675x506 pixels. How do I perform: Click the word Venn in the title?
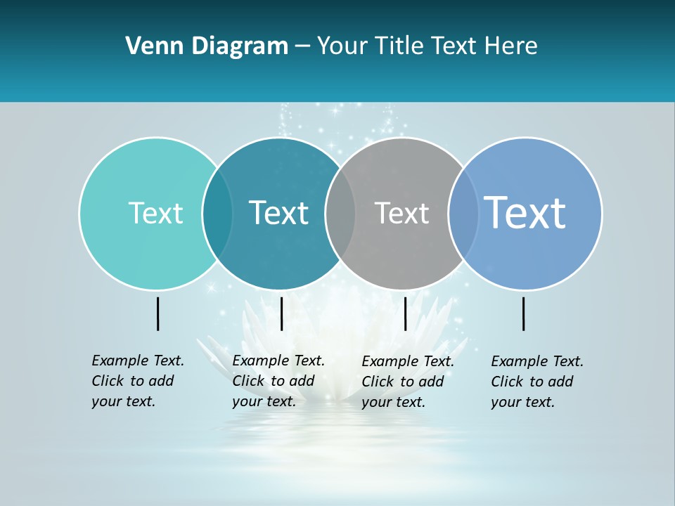pyautogui.click(x=151, y=46)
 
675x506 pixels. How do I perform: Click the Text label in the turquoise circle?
pyautogui.click(x=155, y=213)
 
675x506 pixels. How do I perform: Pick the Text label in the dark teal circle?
pyautogui.click(x=278, y=213)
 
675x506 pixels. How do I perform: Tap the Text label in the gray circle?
pyautogui.click(x=401, y=213)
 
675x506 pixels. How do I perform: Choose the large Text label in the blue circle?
pyautogui.click(x=525, y=212)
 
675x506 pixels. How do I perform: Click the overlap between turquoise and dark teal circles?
pyautogui.click(x=217, y=213)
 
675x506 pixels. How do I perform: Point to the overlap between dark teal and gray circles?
pyautogui.click(x=340, y=213)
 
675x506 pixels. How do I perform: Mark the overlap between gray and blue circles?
pyautogui.click(x=463, y=213)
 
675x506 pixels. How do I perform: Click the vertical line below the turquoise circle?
pyautogui.click(x=158, y=313)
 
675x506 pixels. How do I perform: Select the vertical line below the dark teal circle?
pyautogui.click(x=281, y=313)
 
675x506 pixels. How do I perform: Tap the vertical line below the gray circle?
pyautogui.click(x=405, y=313)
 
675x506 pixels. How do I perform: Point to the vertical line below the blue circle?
pyautogui.click(x=524, y=313)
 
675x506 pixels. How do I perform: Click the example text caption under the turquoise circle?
pyautogui.click(x=137, y=381)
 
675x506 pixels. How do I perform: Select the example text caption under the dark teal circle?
pyautogui.click(x=278, y=381)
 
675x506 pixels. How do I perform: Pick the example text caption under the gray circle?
pyautogui.click(x=407, y=382)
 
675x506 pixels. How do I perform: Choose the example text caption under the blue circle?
pyautogui.click(x=536, y=382)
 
